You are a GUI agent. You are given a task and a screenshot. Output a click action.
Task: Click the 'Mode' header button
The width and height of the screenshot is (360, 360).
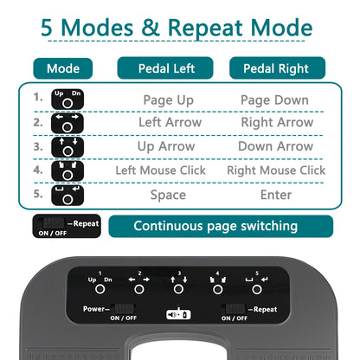click(62, 68)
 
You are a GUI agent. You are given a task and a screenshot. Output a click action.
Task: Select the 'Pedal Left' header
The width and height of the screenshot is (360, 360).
click(167, 68)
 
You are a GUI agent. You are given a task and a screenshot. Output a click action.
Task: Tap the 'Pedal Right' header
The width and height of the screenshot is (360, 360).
click(277, 68)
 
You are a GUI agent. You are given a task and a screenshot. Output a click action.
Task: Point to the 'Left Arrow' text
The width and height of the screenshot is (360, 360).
click(170, 123)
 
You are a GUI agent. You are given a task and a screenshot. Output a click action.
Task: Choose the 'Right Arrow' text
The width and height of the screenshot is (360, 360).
click(276, 123)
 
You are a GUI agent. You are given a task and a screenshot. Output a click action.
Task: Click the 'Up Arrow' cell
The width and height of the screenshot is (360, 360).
click(167, 147)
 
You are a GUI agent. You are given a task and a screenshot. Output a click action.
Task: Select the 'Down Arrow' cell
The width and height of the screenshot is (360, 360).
click(276, 147)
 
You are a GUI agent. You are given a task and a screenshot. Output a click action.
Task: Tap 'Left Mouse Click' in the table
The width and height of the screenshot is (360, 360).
click(166, 170)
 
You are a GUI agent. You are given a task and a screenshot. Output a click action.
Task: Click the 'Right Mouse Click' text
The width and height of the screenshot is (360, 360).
click(276, 170)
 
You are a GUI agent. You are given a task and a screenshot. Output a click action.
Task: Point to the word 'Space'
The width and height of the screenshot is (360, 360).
click(168, 195)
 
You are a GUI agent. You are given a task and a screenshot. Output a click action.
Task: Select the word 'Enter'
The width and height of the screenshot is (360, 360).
click(276, 195)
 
